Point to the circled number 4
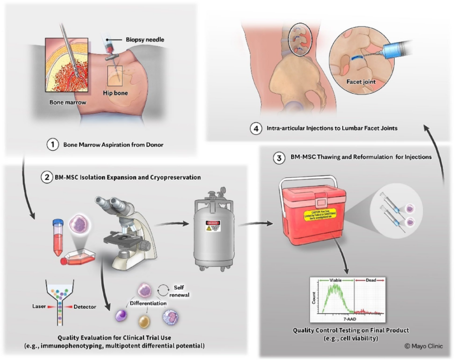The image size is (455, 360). coord(254,128)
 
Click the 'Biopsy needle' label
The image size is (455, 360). coord(145,40)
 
